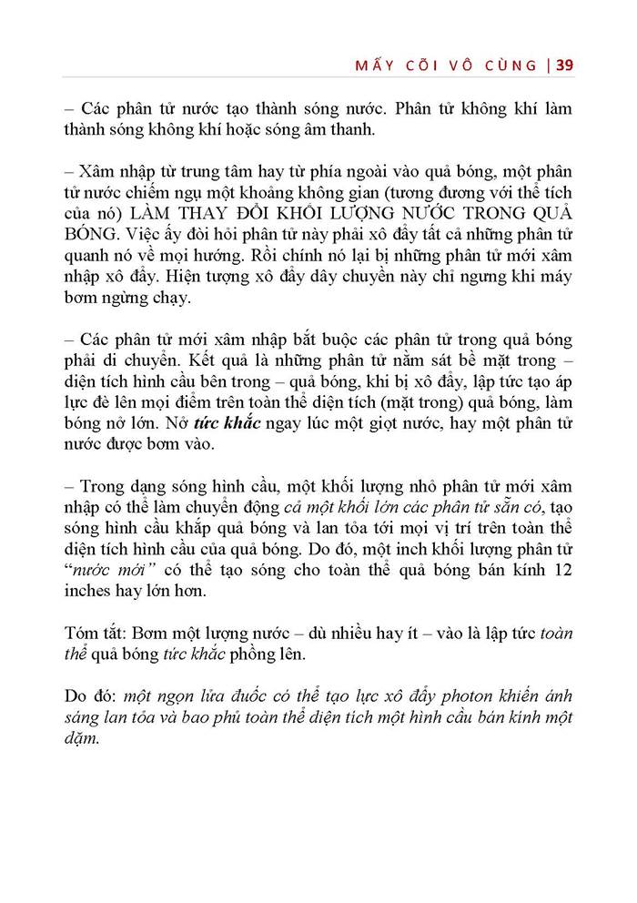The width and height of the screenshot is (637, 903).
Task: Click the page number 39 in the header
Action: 562,65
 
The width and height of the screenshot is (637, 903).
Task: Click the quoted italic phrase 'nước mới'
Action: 109,570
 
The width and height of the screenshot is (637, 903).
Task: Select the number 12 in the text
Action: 562,570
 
